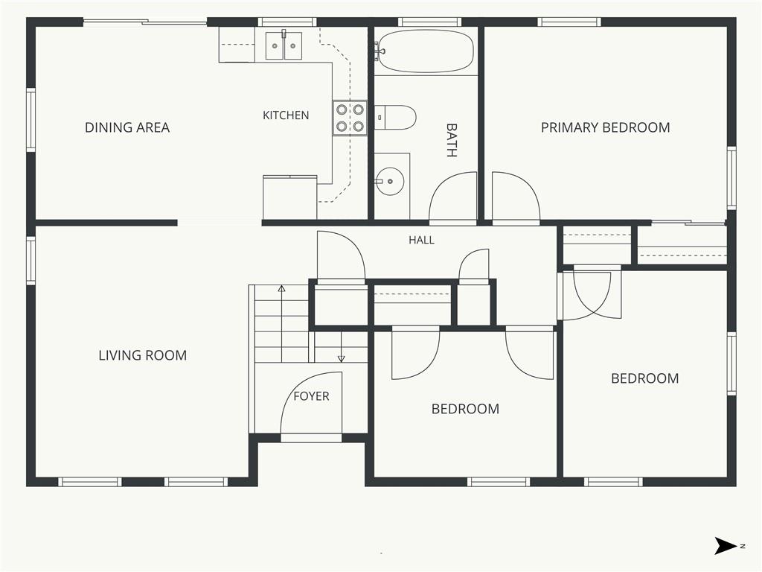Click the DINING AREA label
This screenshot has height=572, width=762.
pyautogui.click(x=127, y=127)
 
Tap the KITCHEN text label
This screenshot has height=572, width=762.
pyautogui.click(x=286, y=115)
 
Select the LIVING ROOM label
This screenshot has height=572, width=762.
pyautogui.click(x=143, y=355)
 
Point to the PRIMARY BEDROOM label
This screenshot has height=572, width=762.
pyautogui.click(x=606, y=127)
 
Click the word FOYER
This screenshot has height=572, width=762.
pyautogui.click(x=312, y=396)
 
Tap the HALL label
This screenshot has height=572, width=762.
pyautogui.click(x=421, y=240)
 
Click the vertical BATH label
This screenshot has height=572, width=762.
pyautogui.click(x=452, y=140)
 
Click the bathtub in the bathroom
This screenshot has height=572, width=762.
pyautogui.click(x=426, y=51)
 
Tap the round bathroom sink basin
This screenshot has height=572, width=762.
pyautogui.click(x=390, y=182)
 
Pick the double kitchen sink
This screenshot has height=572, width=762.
pyautogui.click(x=284, y=45)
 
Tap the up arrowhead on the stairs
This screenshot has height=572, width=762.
pyautogui.click(x=281, y=288)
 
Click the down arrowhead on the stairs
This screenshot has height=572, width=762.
pyautogui.click(x=341, y=359)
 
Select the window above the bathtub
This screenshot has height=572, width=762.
pyautogui.click(x=429, y=22)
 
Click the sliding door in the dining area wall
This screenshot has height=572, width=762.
pyautogui.click(x=145, y=22)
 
